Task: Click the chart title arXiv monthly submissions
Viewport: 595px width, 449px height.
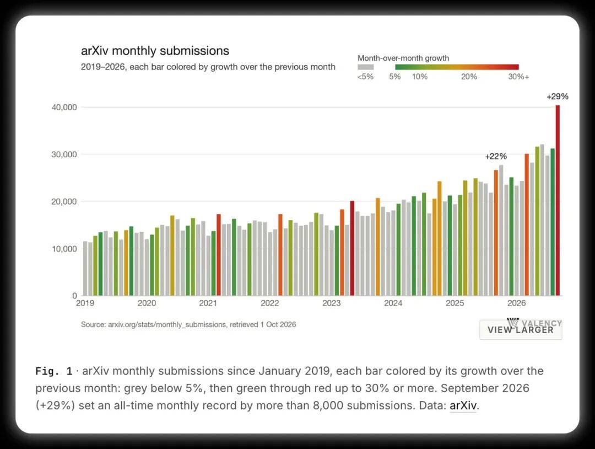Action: (x=155, y=51)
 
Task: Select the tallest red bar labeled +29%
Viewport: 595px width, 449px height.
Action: (x=558, y=200)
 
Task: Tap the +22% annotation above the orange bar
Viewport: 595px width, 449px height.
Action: (x=496, y=157)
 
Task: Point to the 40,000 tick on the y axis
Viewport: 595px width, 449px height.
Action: (x=64, y=108)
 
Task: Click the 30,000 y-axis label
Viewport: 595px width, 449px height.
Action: (x=64, y=154)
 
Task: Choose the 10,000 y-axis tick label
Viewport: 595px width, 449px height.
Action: (x=64, y=249)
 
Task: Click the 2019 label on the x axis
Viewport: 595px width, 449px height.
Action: (x=85, y=303)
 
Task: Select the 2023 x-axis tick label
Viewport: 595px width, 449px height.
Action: (x=331, y=303)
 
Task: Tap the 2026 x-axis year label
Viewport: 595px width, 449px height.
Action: (x=516, y=303)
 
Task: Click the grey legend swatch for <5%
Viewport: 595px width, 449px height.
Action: (x=365, y=67)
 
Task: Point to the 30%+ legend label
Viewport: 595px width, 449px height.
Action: (x=518, y=77)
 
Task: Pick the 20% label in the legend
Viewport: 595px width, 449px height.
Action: (x=469, y=77)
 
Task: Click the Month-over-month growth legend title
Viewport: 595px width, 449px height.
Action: (x=403, y=58)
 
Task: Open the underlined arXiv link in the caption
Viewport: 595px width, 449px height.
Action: (x=463, y=405)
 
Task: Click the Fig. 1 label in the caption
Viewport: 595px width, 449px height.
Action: (x=54, y=371)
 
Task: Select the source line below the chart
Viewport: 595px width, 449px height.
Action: (x=188, y=325)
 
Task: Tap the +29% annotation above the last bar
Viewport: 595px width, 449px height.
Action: (x=558, y=97)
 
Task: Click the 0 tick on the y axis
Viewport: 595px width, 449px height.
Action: (x=74, y=296)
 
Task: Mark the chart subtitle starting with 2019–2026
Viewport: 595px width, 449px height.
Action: (x=208, y=67)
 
